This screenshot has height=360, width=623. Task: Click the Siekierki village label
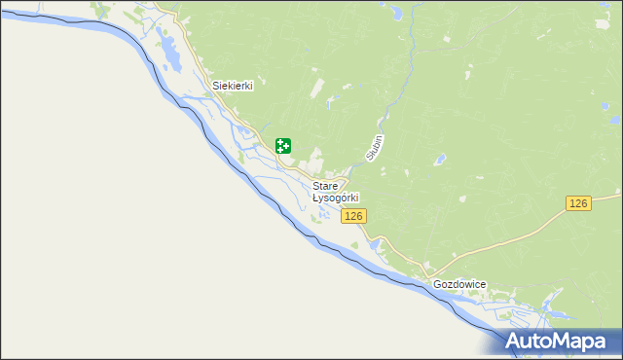click(233, 86)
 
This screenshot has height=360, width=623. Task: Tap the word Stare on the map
click(325, 185)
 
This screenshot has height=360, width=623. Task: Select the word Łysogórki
click(336, 198)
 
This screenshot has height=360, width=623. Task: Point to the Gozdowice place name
click(459, 285)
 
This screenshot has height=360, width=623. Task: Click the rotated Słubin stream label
click(375, 147)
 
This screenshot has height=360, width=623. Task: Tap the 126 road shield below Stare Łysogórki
click(354, 216)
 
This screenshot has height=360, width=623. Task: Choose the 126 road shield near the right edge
click(579, 202)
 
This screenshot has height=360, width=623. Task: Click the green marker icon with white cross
click(283, 146)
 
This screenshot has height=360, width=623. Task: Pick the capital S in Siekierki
click(216, 86)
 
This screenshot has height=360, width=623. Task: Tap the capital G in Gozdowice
click(437, 285)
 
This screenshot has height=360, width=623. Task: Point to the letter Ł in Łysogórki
click(315, 198)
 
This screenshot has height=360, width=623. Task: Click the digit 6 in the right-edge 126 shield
click(585, 202)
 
